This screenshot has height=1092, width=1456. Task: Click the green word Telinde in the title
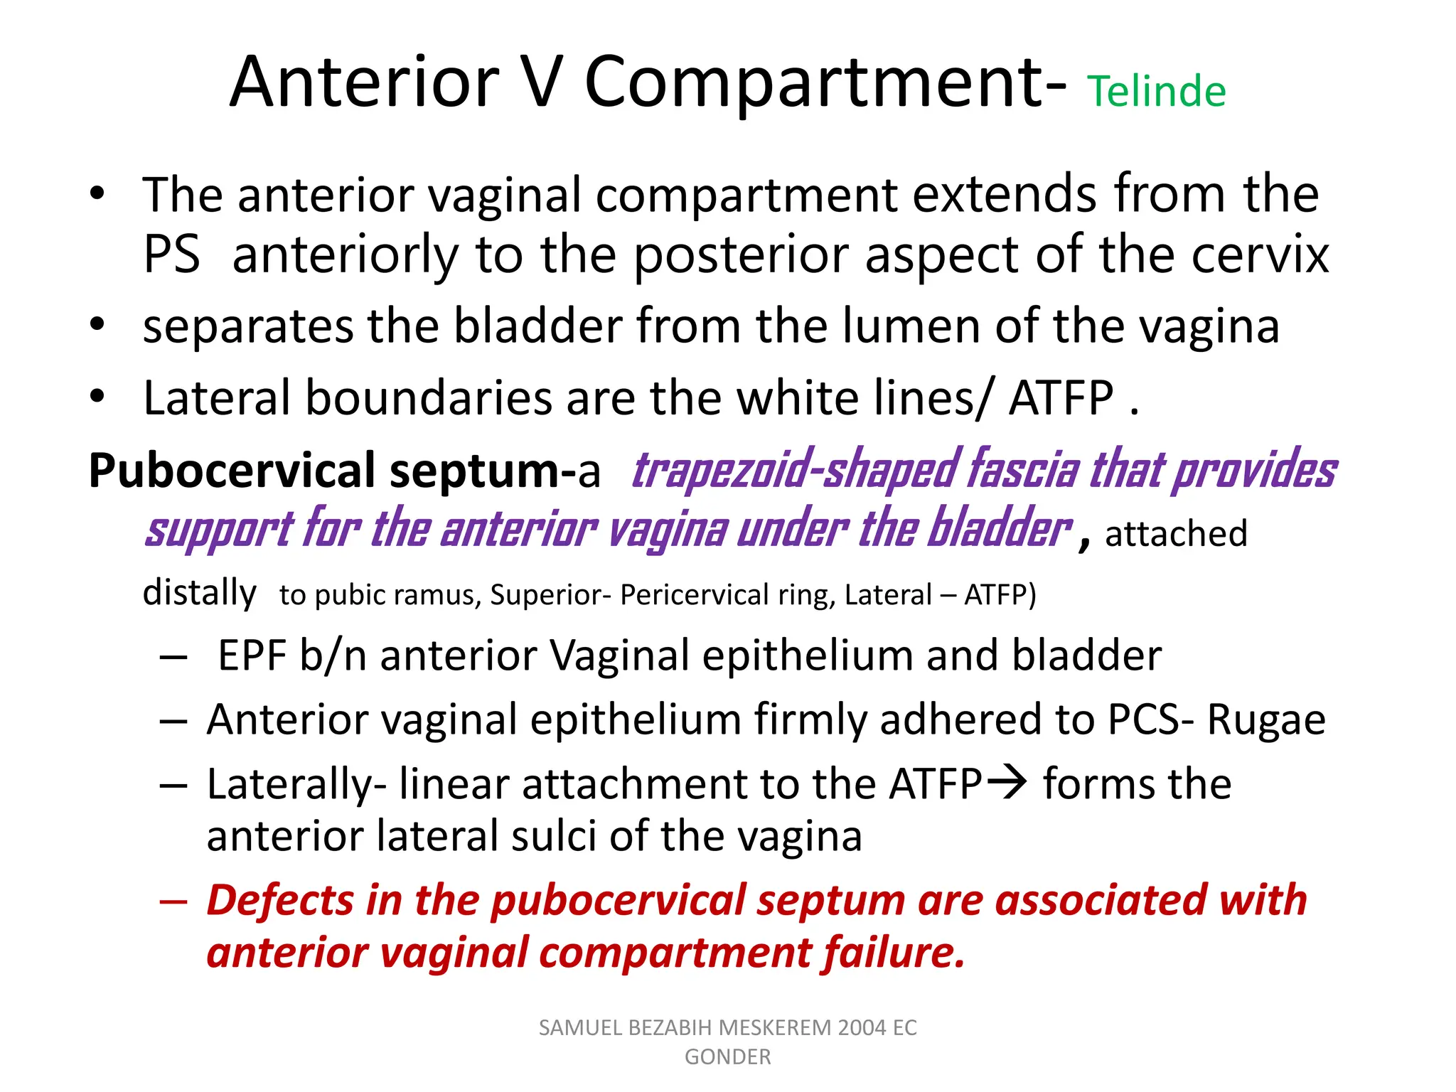pyautogui.click(x=1156, y=92)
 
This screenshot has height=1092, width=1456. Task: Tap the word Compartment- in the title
pyautogui.click(x=825, y=83)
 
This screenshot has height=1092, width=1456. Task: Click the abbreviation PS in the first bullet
pyautogui.click(x=171, y=255)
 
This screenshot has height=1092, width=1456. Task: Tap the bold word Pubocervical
pyautogui.click(x=232, y=471)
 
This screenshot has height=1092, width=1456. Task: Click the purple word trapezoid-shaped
pyautogui.click(x=796, y=471)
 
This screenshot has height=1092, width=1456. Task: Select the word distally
pyautogui.click(x=199, y=593)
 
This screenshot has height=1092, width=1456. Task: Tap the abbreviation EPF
pyautogui.click(x=252, y=655)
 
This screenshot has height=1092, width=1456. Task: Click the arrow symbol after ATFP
pyautogui.click(x=1008, y=783)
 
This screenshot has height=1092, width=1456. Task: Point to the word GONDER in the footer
pyautogui.click(x=727, y=1057)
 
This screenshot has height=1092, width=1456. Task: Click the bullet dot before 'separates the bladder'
pyautogui.click(x=97, y=324)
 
